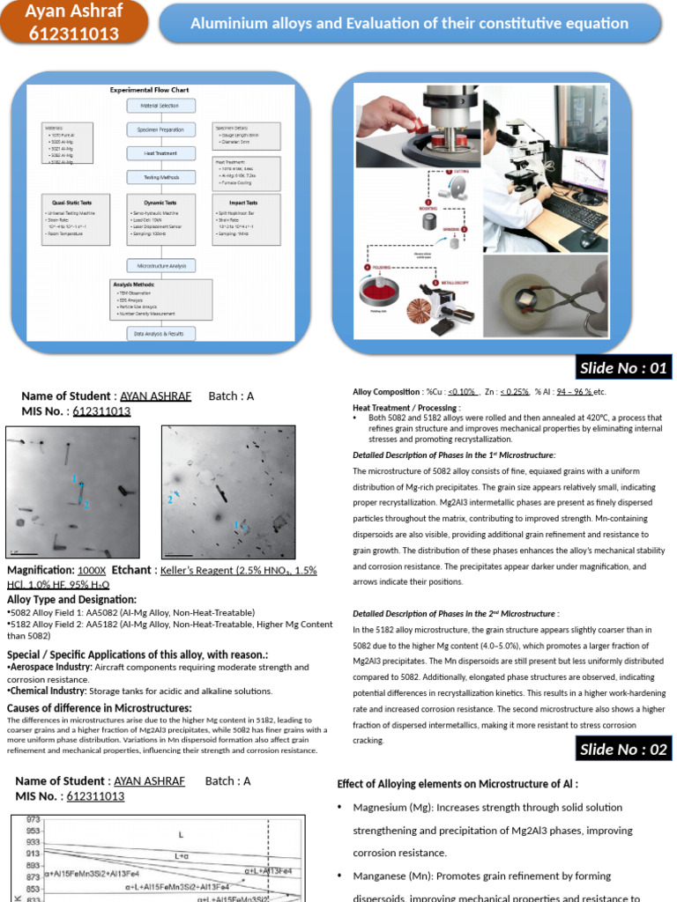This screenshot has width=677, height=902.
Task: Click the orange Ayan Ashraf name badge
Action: [74, 23]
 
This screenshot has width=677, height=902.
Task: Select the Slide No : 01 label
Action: [623, 367]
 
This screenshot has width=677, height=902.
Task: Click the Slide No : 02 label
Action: [623, 750]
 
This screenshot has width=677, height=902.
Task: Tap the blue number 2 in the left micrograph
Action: [86, 505]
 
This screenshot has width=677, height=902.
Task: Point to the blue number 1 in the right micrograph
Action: [235, 524]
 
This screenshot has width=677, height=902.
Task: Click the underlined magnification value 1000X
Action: [92, 570]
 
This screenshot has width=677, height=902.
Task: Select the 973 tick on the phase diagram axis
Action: [33, 819]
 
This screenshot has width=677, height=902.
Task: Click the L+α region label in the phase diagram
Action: [182, 855]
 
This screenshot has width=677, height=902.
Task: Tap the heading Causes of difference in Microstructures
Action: [99, 708]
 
